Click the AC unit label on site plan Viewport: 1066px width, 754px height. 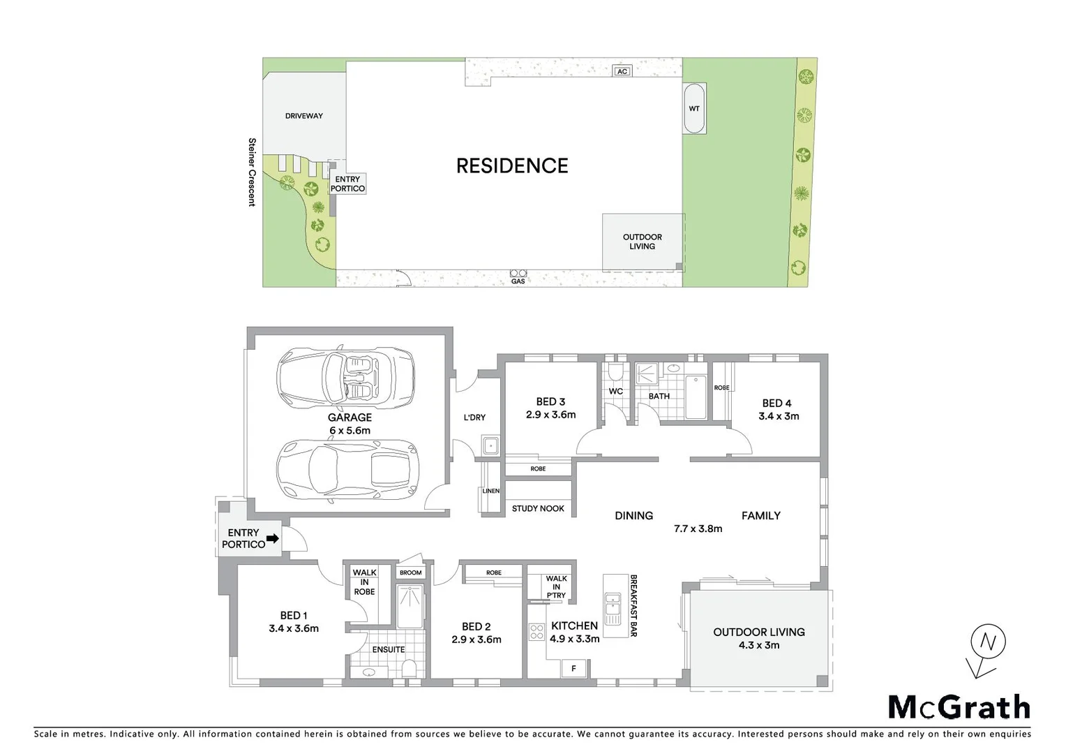[622, 71]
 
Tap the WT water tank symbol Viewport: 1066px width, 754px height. [694, 108]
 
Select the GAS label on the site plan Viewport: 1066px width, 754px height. [518, 281]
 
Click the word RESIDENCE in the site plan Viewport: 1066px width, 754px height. [512, 165]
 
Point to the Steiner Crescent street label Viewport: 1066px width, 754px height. [252, 172]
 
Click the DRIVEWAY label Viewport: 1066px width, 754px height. [304, 116]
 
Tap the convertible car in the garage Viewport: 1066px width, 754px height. [346, 378]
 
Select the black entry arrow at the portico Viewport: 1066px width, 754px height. [273, 538]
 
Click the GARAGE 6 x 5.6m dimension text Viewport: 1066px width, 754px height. [350, 431]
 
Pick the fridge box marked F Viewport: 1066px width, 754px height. [573, 668]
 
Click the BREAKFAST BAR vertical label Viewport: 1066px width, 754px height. [633, 605]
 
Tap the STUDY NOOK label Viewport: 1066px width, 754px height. [538, 508]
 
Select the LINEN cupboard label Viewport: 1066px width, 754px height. [491, 491]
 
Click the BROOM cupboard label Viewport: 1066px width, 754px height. [411, 572]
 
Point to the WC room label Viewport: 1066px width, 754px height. [615, 392]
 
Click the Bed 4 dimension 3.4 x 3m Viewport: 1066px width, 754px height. [779, 416]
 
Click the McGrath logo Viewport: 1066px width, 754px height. [959, 707]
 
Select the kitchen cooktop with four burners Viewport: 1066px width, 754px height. [536, 633]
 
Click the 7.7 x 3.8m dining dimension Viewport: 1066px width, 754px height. [698, 528]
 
